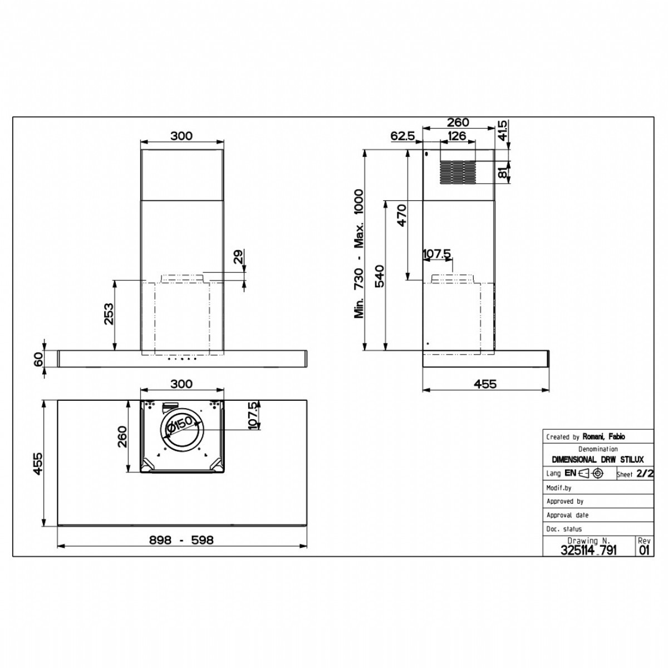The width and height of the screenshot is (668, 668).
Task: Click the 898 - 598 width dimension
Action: coord(181,540)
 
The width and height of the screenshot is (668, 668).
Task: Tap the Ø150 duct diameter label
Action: coord(179,425)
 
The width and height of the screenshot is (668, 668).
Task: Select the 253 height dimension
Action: coord(109,314)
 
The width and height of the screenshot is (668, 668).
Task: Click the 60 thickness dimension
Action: coord(38,358)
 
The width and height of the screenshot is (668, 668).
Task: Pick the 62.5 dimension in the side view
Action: coord(402,136)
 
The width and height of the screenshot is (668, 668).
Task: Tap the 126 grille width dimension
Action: coord(456,136)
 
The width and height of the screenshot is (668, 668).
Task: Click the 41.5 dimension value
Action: coord(502,130)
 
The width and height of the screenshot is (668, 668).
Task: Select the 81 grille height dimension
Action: coord(502,172)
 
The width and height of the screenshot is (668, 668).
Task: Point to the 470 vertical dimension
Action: coord(402,215)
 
